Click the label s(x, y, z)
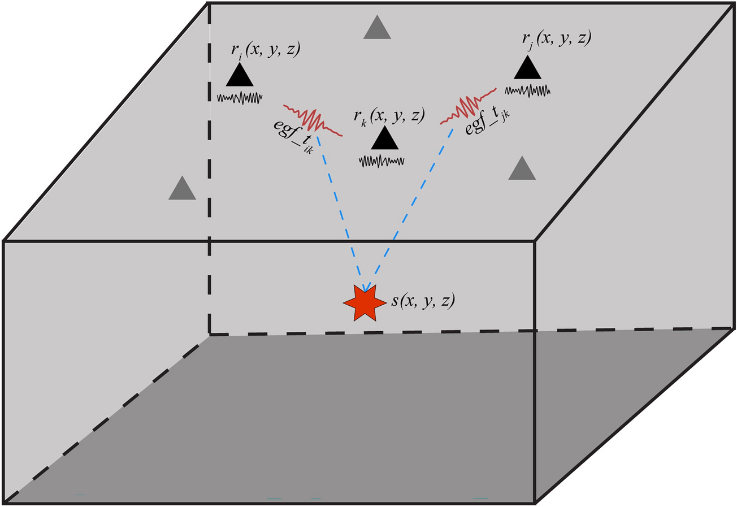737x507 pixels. coord(423,301)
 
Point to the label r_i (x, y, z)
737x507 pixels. coord(265,49)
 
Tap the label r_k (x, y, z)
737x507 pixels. coord(389,115)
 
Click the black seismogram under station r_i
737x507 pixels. coord(240,98)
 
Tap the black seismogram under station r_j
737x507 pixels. coord(527,90)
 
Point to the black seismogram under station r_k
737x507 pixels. coord(381,161)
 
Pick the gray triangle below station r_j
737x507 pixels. coord(522,170)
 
